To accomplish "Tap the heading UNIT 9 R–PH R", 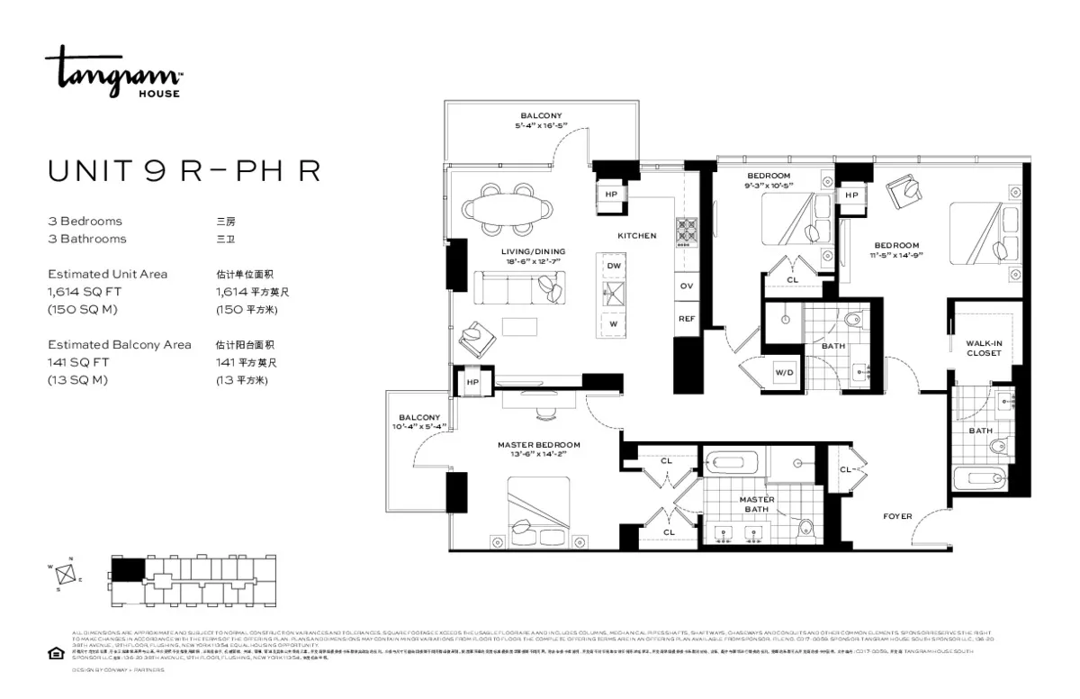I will (x=184, y=171).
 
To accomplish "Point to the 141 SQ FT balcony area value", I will (x=77, y=362).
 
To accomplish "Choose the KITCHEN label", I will (x=636, y=236).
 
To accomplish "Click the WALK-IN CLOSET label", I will (x=983, y=348).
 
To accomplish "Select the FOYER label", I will (x=896, y=516).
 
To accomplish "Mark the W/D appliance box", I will (x=784, y=372).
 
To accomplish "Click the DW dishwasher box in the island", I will (x=614, y=267).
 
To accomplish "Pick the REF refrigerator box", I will (x=687, y=318).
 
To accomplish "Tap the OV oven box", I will (x=687, y=286).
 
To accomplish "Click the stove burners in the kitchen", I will (x=686, y=231).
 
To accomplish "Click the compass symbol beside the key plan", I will (x=64, y=576).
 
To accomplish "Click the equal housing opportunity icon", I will (x=56, y=654).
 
